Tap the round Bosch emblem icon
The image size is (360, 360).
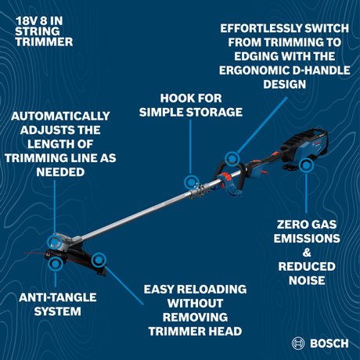(x=298, y=343)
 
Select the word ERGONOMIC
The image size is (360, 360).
(x=249, y=69)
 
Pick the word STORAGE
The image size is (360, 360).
(x=216, y=113)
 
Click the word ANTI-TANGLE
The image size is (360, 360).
(x=49, y=297)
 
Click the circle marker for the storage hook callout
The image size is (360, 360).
(x=190, y=182)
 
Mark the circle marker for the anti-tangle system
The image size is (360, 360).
(x=55, y=264)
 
